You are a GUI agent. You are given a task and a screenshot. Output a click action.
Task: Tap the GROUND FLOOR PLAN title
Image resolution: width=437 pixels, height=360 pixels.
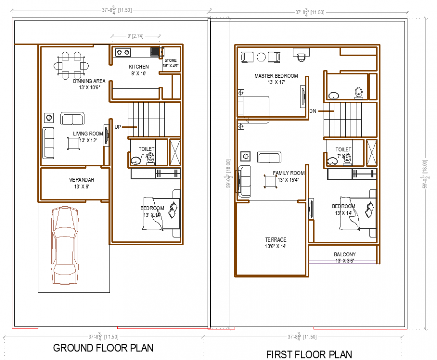[x=103, y=347]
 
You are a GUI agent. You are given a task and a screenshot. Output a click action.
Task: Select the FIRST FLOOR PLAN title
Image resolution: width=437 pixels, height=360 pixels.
[x=309, y=354]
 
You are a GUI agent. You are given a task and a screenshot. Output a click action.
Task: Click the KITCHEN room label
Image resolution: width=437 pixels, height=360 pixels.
[x=139, y=67]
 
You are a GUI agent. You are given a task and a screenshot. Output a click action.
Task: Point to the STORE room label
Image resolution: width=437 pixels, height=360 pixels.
[x=170, y=61]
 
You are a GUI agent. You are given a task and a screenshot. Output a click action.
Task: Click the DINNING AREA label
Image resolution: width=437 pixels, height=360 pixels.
[x=89, y=81]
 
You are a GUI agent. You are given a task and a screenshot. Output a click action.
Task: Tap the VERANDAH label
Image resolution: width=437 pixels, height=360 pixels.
[x=82, y=180]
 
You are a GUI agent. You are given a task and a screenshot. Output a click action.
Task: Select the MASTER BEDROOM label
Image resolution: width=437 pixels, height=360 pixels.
[x=276, y=76]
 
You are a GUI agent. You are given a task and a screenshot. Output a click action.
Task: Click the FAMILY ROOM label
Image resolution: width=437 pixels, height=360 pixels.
[x=289, y=173]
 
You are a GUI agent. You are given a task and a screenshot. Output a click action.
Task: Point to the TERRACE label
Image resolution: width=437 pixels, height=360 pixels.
[x=276, y=239]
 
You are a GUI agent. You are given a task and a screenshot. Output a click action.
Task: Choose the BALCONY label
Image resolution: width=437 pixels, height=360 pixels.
[x=344, y=254]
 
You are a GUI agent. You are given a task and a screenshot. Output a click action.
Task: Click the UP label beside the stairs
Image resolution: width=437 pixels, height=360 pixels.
[x=117, y=127]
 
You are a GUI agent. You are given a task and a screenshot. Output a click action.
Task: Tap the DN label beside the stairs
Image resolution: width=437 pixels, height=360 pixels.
[x=313, y=111]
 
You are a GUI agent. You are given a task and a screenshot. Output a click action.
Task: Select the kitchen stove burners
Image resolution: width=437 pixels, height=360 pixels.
[x=122, y=51]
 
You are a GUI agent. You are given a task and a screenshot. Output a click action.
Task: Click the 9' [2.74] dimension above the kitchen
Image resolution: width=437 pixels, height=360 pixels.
[x=136, y=36]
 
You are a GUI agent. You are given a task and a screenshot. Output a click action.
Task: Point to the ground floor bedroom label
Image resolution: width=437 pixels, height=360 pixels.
[x=152, y=208]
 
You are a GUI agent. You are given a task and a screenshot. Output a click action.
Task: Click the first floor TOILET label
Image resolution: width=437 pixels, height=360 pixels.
[x=343, y=149]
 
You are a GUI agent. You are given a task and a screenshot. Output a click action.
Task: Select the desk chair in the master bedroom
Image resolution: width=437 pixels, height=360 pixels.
[x=301, y=57]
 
